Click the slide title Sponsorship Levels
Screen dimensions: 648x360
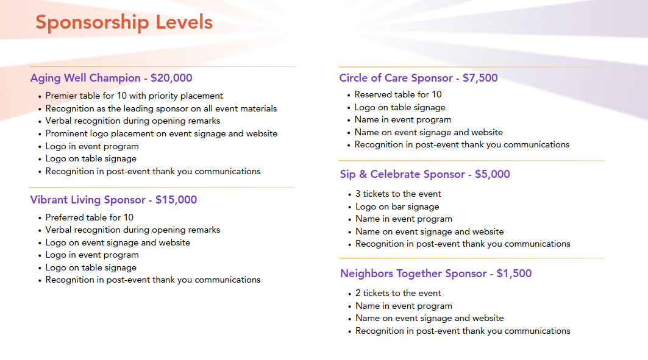click(x=124, y=23)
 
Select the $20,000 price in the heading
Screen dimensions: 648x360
click(x=171, y=78)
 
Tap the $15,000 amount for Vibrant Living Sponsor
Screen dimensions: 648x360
click(x=176, y=200)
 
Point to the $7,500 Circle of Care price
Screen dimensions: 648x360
click(x=480, y=78)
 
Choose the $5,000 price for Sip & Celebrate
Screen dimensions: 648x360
click(x=493, y=174)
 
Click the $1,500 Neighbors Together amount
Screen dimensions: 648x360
click(x=514, y=274)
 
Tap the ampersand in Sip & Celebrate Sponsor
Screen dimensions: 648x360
click(x=363, y=174)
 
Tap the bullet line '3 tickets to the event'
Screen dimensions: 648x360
click(x=398, y=194)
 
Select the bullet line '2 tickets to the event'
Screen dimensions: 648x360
click(x=398, y=293)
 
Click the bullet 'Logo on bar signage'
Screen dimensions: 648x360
click(x=397, y=207)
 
